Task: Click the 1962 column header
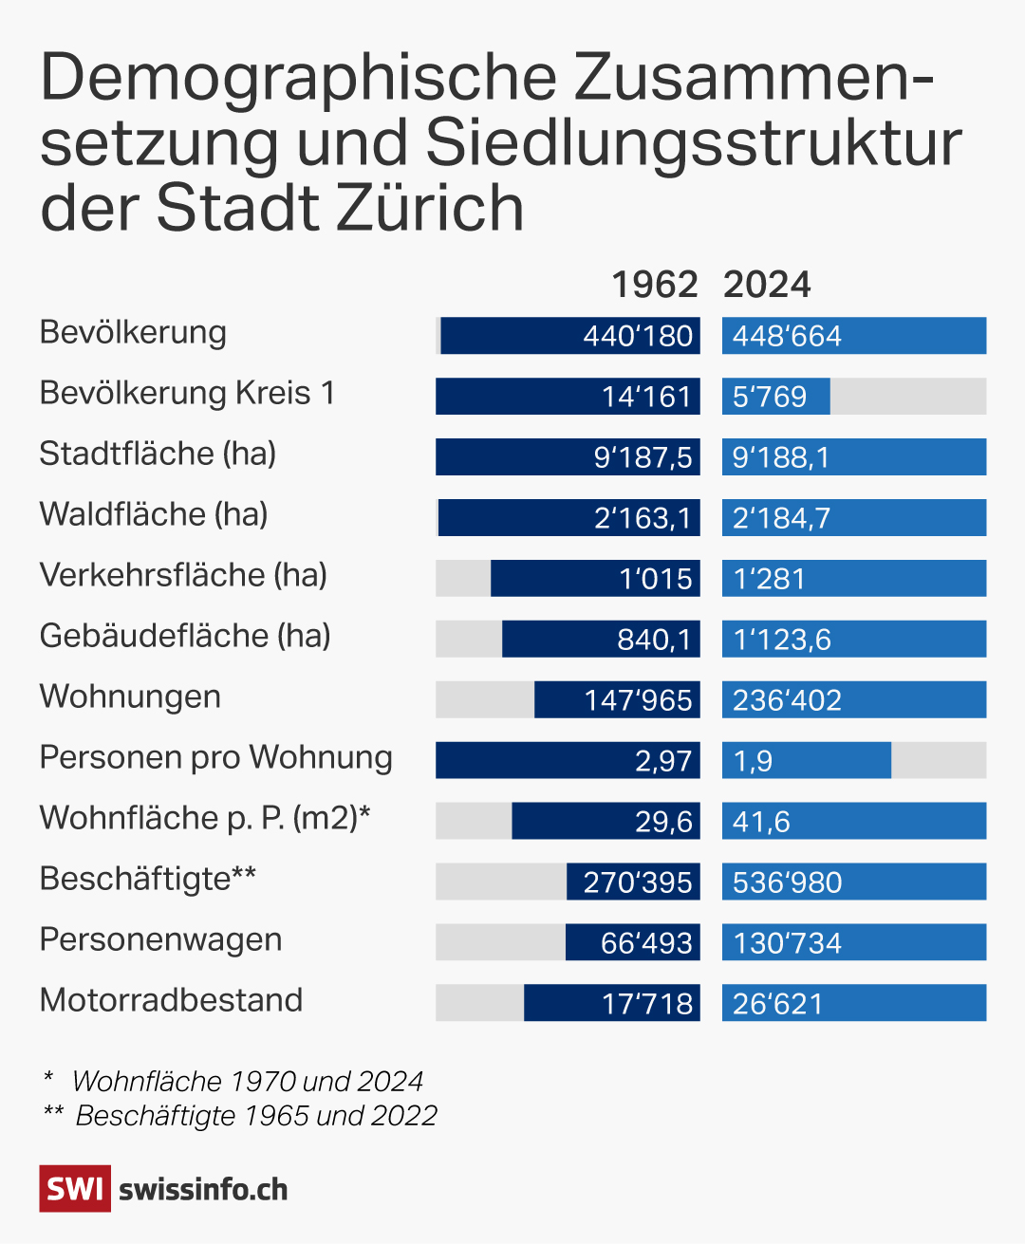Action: coord(654,285)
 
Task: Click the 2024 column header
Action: coord(767,285)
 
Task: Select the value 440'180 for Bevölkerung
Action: coord(638,337)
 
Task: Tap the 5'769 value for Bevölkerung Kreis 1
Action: coord(770,397)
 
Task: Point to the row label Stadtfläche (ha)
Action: coord(158,454)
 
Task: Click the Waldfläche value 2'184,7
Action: coord(781,518)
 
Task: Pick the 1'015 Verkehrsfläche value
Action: coord(656,579)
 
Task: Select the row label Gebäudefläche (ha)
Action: coord(185,636)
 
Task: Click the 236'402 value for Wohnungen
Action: coord(787,700)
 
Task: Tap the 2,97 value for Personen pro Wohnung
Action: coord(663,761)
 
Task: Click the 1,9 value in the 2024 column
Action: coord(753,761)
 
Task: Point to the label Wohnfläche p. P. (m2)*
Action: coord(205,818)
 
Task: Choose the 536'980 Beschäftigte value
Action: coord(787,882)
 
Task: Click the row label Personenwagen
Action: coord(160,939)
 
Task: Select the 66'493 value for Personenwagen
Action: coord(646,943)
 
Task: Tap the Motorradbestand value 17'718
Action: coord(647,1004)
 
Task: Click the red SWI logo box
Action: coord(75,1189)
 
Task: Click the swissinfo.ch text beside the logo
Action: coord(203,1190)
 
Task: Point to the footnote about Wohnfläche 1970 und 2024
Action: coord(247,1082)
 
